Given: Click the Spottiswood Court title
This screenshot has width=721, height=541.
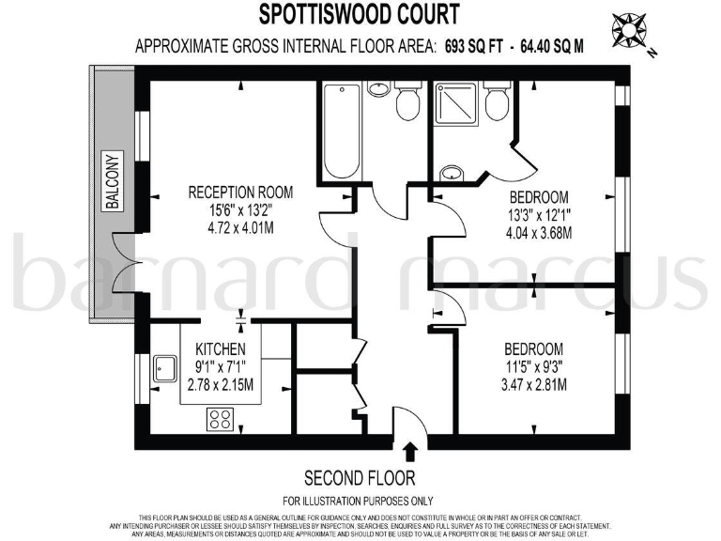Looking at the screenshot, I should pos(360,15).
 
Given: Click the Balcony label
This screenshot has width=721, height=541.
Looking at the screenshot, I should pos(113,180).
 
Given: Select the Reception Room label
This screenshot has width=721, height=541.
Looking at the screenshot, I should pos(240,193).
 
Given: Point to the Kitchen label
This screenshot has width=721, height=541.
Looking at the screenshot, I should pos(221,349).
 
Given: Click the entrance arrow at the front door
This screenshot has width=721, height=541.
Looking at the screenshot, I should pos(411,454).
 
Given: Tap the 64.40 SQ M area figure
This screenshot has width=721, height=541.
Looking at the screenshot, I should pos(545,46).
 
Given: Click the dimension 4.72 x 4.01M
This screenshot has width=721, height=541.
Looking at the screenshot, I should pos(240,226).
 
